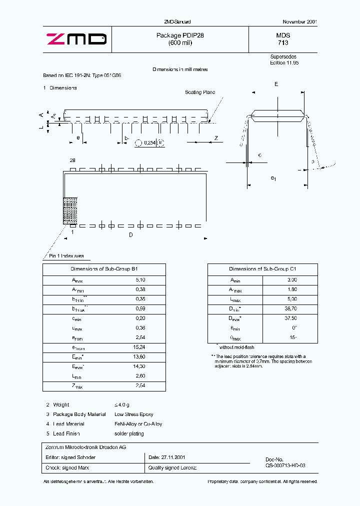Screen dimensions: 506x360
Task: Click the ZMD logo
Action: [76, 39]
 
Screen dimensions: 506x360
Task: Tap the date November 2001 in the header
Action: [299, 22]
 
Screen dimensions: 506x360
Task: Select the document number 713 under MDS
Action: [283, 43]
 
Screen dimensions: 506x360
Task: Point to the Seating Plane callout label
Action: [200, 92]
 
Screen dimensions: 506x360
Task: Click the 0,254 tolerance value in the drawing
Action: [149, 143]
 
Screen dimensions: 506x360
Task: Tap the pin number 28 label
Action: [72, 160]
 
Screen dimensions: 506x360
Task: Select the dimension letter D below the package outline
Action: [131, 234]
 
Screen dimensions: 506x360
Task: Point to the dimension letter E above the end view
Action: [276, 84]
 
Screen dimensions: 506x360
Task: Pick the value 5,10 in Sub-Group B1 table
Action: [140, 280]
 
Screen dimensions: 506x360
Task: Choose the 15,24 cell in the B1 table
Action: [140, 347]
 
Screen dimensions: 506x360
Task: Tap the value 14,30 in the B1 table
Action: [140, 366]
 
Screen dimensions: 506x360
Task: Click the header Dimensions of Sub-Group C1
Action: [262, 269]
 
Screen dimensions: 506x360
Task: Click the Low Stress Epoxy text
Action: [134, 414]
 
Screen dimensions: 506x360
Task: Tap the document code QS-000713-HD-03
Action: [285, 465]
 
